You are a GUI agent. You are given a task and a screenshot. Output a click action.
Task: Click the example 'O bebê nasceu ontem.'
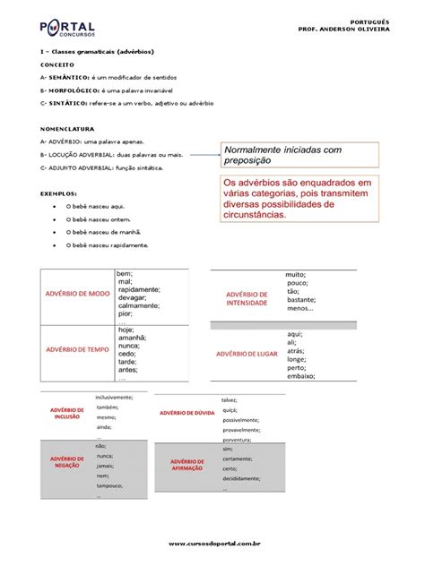pyautogui.click(x=99, y=218)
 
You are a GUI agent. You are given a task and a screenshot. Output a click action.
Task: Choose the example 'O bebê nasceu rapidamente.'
pyautogui.click(x=107, y=244)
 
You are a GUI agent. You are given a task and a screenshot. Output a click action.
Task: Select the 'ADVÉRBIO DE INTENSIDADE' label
pyautogui.click(x=247, y=298)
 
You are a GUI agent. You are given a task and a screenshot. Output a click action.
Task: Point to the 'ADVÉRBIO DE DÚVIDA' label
pyautogui.click(x=186, y=413)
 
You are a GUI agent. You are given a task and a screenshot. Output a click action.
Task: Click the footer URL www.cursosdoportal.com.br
pyautogui.click(x=212, y=542)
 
